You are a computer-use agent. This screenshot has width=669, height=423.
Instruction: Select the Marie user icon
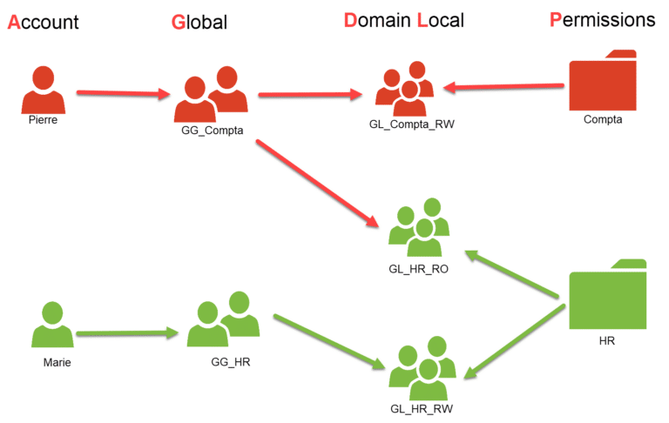[51, 326]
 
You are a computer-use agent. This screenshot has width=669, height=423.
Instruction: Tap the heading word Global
[199, 23]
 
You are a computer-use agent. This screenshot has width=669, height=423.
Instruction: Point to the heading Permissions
[602, 20]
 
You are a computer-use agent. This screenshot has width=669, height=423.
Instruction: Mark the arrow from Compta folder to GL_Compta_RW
[503, 86]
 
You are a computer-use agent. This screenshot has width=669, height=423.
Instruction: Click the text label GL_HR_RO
[418, 270]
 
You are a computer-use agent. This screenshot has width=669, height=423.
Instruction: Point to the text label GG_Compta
[206, 131]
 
